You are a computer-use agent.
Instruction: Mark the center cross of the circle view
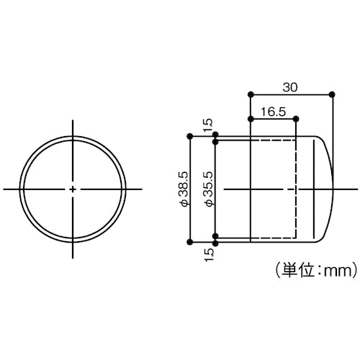click(73, 189)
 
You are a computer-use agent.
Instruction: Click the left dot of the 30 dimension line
click(249, 94)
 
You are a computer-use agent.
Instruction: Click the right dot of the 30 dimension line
click(332, 94)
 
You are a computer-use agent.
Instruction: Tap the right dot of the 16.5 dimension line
click(296, 119)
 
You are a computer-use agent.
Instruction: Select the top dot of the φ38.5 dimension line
click(189, 135)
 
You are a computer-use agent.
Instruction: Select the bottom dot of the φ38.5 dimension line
click(189, 242)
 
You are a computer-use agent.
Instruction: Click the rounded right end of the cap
click(328, 189)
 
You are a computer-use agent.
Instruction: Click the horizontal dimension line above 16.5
click(272, 119)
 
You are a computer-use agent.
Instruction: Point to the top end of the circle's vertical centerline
click(73, 120)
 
